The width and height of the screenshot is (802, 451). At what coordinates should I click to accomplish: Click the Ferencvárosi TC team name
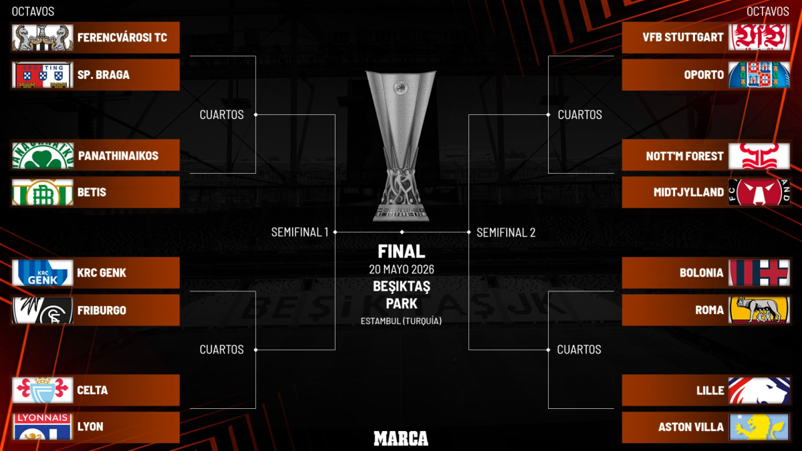click(122, 37)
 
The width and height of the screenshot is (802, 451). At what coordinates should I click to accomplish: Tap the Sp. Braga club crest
click(43, 75)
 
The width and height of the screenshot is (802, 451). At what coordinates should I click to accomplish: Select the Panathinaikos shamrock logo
click(43, 156)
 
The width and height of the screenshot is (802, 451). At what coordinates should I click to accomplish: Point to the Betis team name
click(92, 192)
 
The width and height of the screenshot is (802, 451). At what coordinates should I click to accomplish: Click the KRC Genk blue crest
click(43, 273)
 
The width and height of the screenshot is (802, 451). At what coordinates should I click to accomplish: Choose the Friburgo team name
click(102, 310)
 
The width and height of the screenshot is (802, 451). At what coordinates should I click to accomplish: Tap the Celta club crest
click(43, 390)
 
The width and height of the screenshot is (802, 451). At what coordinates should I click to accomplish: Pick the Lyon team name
click(90, 427)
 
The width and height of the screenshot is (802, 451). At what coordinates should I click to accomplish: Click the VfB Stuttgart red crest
click(759, 37)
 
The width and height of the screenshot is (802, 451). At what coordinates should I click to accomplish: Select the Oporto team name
click(704, 75)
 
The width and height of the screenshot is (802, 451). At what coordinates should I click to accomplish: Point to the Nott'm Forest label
click(684, 156)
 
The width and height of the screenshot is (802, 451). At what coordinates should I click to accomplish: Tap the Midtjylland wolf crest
click(759, 192)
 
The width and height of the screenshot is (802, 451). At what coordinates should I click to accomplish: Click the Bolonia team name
click(701, 273)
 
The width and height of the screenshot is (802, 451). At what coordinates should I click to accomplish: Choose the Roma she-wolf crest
click(759, 310)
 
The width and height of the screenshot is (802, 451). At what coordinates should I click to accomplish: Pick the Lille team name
click(710, 390)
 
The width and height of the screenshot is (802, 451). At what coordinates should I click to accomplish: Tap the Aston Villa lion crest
click(759, 427)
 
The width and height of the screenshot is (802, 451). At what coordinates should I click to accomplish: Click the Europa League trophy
click(401, 146)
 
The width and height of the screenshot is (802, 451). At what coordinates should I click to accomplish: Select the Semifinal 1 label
click(299, 233)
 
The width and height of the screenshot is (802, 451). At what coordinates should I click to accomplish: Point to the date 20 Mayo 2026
click(402, 269)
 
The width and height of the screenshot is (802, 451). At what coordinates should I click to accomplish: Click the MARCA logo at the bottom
click(401, 438)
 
